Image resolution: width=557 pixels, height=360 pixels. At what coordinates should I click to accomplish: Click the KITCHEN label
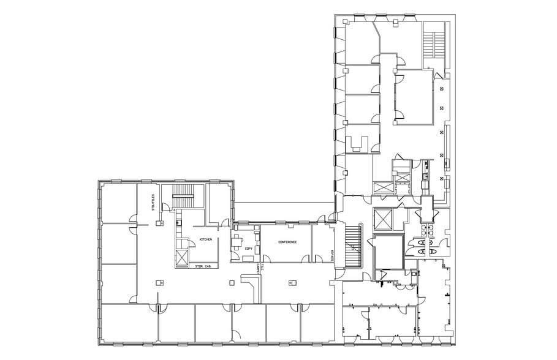point(205,239)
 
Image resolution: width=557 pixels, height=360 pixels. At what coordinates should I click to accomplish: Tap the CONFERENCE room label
point(287,242)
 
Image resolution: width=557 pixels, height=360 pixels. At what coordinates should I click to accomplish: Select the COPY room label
point(248,248)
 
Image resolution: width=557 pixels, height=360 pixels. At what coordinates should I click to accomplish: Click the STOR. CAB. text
point(203,266)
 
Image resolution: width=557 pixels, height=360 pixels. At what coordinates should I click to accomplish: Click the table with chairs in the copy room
point(237,240)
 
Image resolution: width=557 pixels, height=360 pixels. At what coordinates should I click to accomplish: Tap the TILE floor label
point(262,268)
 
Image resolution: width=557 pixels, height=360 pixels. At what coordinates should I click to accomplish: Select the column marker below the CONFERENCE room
point(291,282)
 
